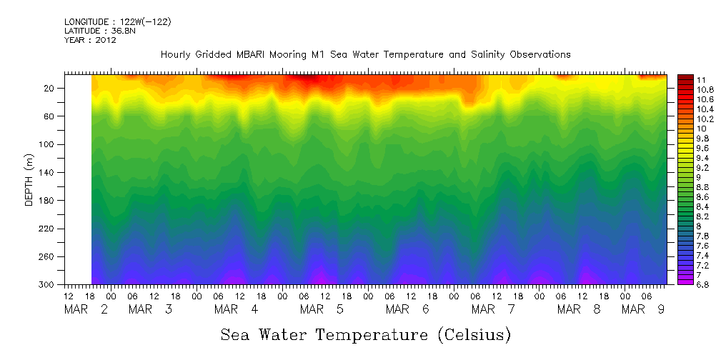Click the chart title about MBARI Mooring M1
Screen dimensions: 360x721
pos(365,54)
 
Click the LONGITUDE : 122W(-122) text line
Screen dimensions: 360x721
pos(117,22)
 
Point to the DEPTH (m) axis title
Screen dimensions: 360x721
pos(29,181)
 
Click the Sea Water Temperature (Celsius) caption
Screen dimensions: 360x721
pos(365,334)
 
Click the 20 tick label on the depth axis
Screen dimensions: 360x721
pos(49,89)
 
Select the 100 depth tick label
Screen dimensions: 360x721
pos(47,144)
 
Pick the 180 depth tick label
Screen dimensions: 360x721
pos(47,201)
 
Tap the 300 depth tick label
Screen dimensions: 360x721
pos(47,284)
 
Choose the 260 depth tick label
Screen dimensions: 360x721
pos(47,256)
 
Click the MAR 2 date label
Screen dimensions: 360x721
pos(86,309)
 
